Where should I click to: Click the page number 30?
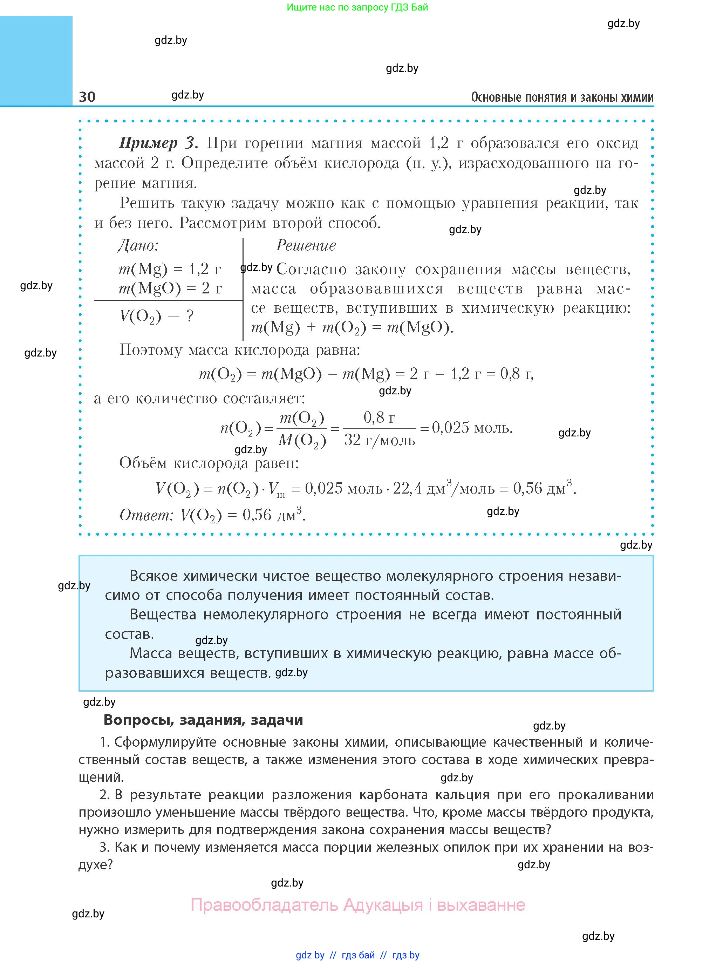pyautogui.click(x=87, y=97)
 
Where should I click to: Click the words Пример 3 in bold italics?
pyautogui.click(x=158, y=143)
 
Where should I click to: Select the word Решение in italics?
pyautogui.click(x=306, y=246)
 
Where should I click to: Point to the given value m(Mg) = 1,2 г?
pyautogui.click(x=170, y=269)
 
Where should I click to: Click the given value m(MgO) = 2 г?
pyautogui.click(x=170, y=288)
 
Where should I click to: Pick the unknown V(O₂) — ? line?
pyautogui.click(x=156, y=317)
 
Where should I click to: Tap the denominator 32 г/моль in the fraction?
pyautogui.click(x=380, y=440)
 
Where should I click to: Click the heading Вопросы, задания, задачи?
pyautogui.click(x=203, y=720)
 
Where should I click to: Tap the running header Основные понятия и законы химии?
pyautogui.click(x=562, y=97)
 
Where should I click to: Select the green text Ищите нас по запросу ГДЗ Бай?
pyautogui.click(x=357, y=7)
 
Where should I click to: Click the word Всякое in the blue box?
pyautogui.click(x=154, y=576)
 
